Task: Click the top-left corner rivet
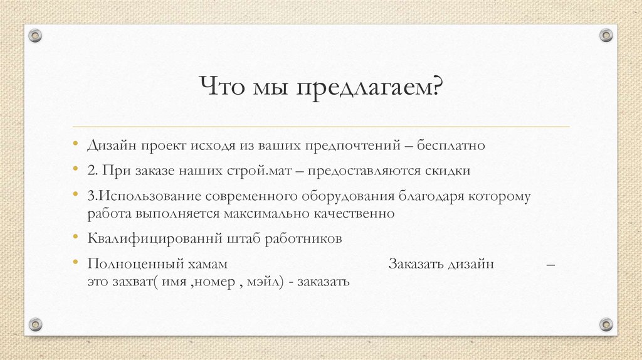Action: tap(36, 35)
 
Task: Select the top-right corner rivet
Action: tap(606, 35)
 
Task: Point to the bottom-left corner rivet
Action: tap(36, 324)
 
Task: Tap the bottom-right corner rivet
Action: tap(606, 324)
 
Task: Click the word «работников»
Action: tap(303, 239)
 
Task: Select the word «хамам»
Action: tap(209, 264)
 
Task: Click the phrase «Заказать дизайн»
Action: tap(441, 264)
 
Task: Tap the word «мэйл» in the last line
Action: tap(263, 282)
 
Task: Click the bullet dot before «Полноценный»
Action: tap(76, 263)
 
